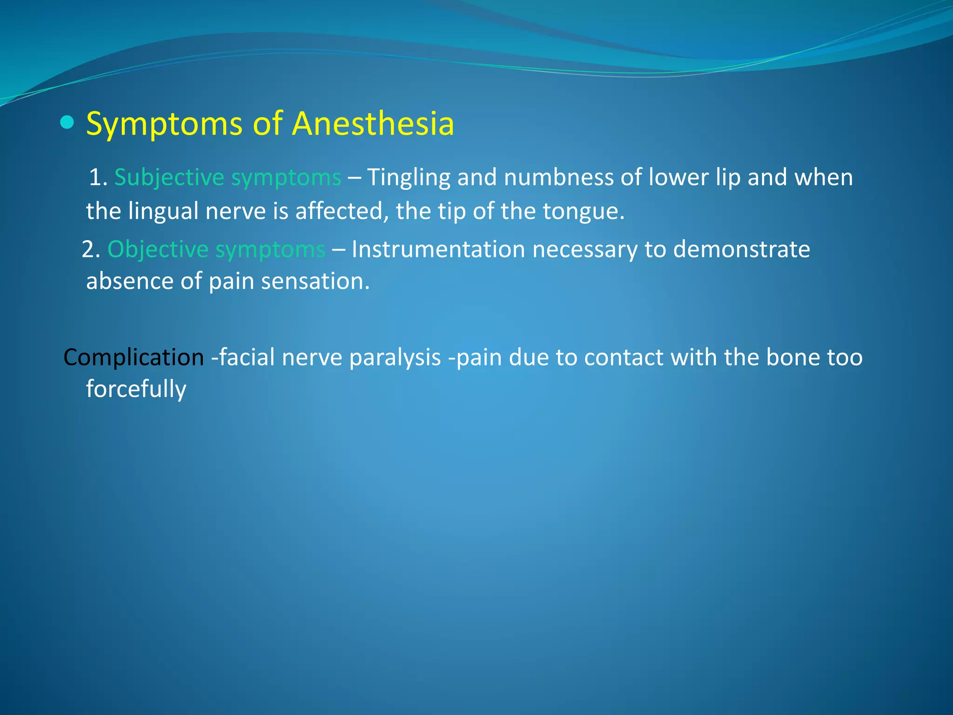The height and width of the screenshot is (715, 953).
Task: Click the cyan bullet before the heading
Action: [67, 122]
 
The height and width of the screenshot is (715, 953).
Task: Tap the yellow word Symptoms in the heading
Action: [164, 125]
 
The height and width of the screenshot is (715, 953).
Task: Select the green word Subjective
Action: [169, 178]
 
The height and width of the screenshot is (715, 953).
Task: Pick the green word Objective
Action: [157, 249]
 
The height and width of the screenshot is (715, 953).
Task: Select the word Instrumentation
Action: [438, 249]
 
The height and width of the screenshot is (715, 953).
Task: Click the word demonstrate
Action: [741, 249]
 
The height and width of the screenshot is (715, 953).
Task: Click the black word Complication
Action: [134, 357]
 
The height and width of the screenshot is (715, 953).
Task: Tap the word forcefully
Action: [136, 389]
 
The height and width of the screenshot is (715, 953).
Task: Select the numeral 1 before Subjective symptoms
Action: [95, 178]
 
